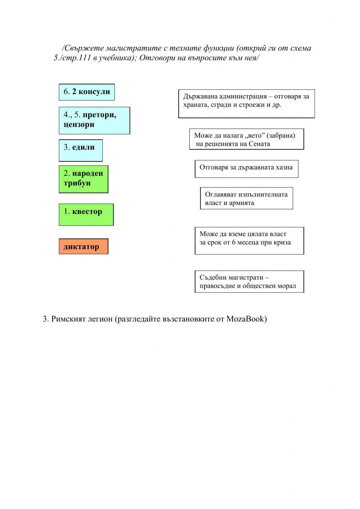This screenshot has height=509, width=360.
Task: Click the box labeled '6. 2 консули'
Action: click(x=87, y=92)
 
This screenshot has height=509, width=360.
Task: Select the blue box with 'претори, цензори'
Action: click(x=94, y=120)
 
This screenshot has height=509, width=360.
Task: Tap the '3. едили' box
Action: click(x=81, y=150)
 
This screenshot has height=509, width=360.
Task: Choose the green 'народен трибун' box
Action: click(x=84, y=179)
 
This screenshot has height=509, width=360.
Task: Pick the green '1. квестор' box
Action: click(x=86, y=214)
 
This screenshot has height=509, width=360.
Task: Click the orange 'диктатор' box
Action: click(x=84, y=246)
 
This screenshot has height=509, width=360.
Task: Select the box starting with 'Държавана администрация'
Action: click(x=247, y=104)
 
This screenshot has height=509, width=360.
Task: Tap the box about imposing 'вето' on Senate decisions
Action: click(x=247, y=139)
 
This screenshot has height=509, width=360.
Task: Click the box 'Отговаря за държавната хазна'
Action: click(x=247, y=169)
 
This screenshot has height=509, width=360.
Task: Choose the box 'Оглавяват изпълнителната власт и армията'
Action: click(x=247, y=198)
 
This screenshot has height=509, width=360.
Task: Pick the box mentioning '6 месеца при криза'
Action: click(x=249, y=241)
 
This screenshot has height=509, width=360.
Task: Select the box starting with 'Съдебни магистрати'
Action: click(x=249, y=281)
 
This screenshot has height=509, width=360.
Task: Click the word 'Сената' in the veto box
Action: click(x=259, y=144)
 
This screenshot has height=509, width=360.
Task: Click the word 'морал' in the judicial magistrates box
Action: click(x=287, y=286)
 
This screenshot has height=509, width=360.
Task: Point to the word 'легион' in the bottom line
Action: click(x=100, y=319)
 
